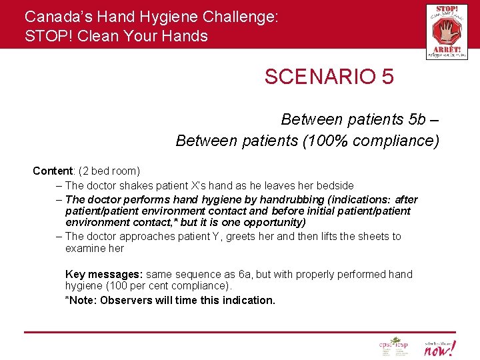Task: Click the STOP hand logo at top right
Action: tap(447, 31)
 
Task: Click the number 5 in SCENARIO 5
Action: tap(387, 77)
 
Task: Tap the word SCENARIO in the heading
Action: tap(319, 77)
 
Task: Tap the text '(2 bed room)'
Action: tap(109, 171)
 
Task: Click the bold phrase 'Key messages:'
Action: tap(104, 274)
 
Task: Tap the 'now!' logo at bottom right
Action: tap(440, 347)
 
